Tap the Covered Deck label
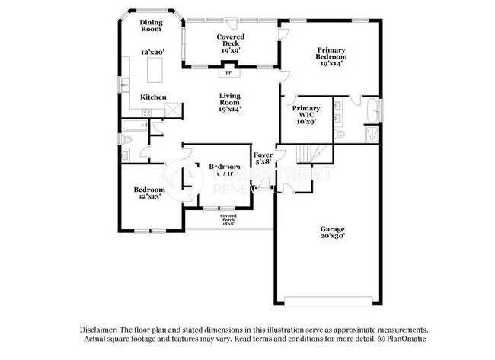[230, 40]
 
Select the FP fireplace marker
[228, 73]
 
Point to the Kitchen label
[152, 97]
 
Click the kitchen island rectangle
[156, 71]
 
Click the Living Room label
[230, 102]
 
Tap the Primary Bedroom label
[331, 57]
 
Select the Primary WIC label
[306, 114]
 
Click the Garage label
[332, 233]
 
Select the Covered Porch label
[228, 221]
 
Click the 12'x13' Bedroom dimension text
[149, 197]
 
